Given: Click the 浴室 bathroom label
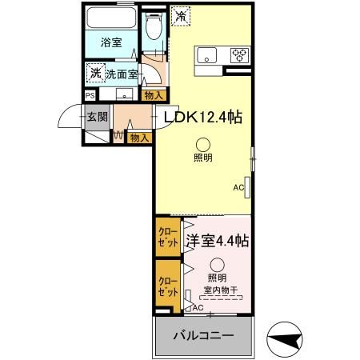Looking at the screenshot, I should click(111, 42).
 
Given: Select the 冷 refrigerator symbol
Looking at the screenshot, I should click(181, 15).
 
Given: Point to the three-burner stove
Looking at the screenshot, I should click(239, 55).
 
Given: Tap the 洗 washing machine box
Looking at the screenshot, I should click(95, 73).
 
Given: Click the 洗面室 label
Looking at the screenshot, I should click(122, 74).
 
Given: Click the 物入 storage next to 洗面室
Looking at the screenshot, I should click(154, 96).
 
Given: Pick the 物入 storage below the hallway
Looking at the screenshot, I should click(139, 138).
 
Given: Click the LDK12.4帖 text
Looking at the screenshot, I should click(203, 117).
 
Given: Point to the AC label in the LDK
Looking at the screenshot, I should click(238, 188).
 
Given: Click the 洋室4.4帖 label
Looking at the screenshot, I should click(217, 240).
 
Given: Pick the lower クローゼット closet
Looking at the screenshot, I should click(168, 286).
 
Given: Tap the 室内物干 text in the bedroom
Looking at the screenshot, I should click(218, 290).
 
